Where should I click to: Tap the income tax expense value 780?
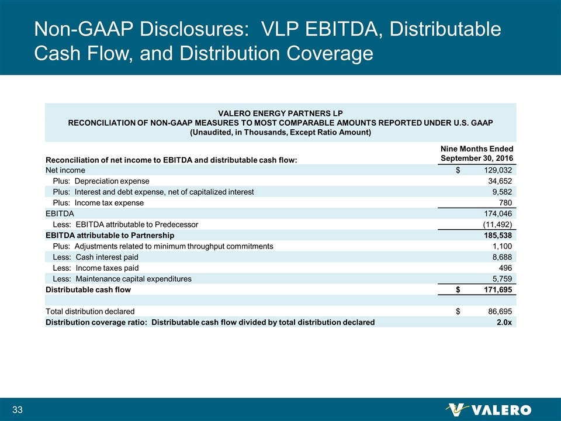505,202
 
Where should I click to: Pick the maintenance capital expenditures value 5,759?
501,279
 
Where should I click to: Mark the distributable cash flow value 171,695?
496,289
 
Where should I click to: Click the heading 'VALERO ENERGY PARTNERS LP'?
280,112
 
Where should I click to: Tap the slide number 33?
17,409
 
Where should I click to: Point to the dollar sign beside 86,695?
459,311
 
